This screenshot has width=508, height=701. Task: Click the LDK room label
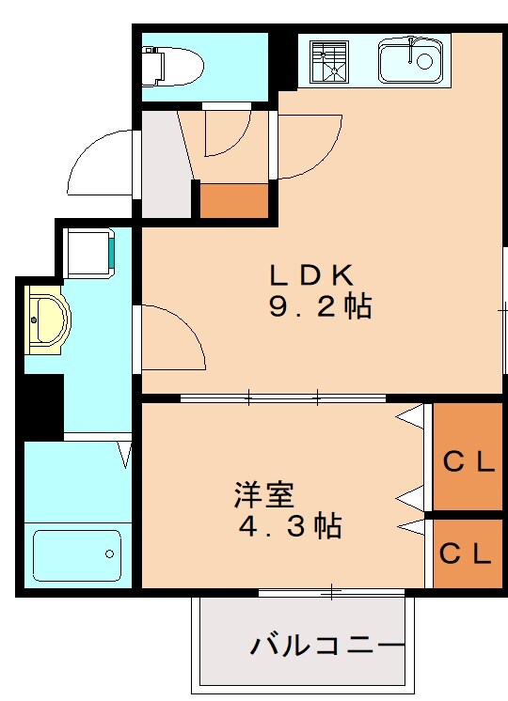coord(311,275)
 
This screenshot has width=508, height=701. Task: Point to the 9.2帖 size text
coord(320,307)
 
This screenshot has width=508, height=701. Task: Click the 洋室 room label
coord(264,493)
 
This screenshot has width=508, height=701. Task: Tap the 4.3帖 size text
coord(289,526)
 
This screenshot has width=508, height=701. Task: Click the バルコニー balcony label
coord(326,646)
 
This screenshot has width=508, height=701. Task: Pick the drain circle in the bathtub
coord(111,553)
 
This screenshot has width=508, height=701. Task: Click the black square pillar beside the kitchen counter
coord(282,62)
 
